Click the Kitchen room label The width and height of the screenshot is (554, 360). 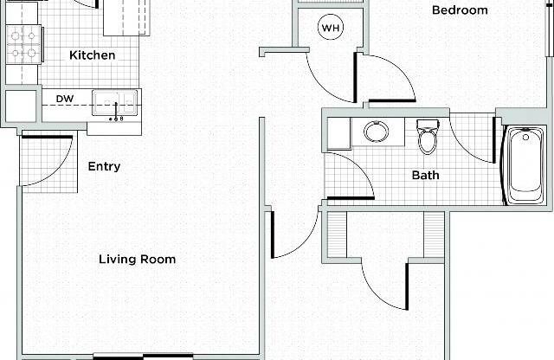click(x=92, y=55)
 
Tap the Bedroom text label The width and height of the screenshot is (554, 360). click(x=460, y=10)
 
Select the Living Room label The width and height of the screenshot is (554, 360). click(x=137, y=259)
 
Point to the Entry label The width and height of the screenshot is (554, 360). click(x=104, y=166)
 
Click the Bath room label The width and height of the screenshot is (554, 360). click(x=425, y=175)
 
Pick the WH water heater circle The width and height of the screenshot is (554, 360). click(x=331, y=28)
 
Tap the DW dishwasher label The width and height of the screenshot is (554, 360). click(x=64, y=99)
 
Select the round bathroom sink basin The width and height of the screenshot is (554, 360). click(x=376, y=132)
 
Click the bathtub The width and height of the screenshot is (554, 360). click(x=525, y=164)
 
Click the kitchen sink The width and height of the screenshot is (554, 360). click(x=114, y=101)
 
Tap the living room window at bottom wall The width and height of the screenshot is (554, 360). click(x=142, y=355)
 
